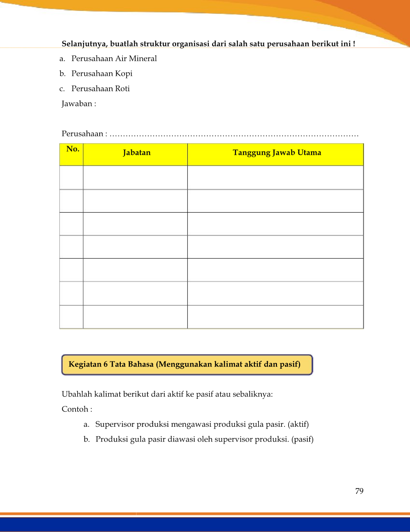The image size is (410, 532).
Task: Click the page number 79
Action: click(359, 491)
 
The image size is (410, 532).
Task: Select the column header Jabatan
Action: click(136, 152)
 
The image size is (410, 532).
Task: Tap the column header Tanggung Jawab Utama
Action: click(277, 152)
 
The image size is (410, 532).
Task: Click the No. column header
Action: click(73, 149)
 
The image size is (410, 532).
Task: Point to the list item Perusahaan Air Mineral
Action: click(114, 58)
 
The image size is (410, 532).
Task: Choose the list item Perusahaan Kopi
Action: click(102, 74)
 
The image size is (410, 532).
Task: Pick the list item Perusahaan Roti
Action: click(100, 89)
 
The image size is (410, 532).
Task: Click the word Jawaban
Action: click(77, 104)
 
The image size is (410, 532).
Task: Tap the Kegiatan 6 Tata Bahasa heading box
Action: click(187, 364)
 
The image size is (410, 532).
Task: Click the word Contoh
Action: click(75, 409)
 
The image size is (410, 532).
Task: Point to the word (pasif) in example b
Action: click(302, 439)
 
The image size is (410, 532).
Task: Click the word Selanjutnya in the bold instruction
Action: click(84, 44)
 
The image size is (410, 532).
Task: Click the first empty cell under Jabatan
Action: click(135, 177)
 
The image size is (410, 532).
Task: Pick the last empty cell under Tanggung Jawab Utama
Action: click(275, 317)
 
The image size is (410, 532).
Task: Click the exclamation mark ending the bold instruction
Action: click(354, 44)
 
